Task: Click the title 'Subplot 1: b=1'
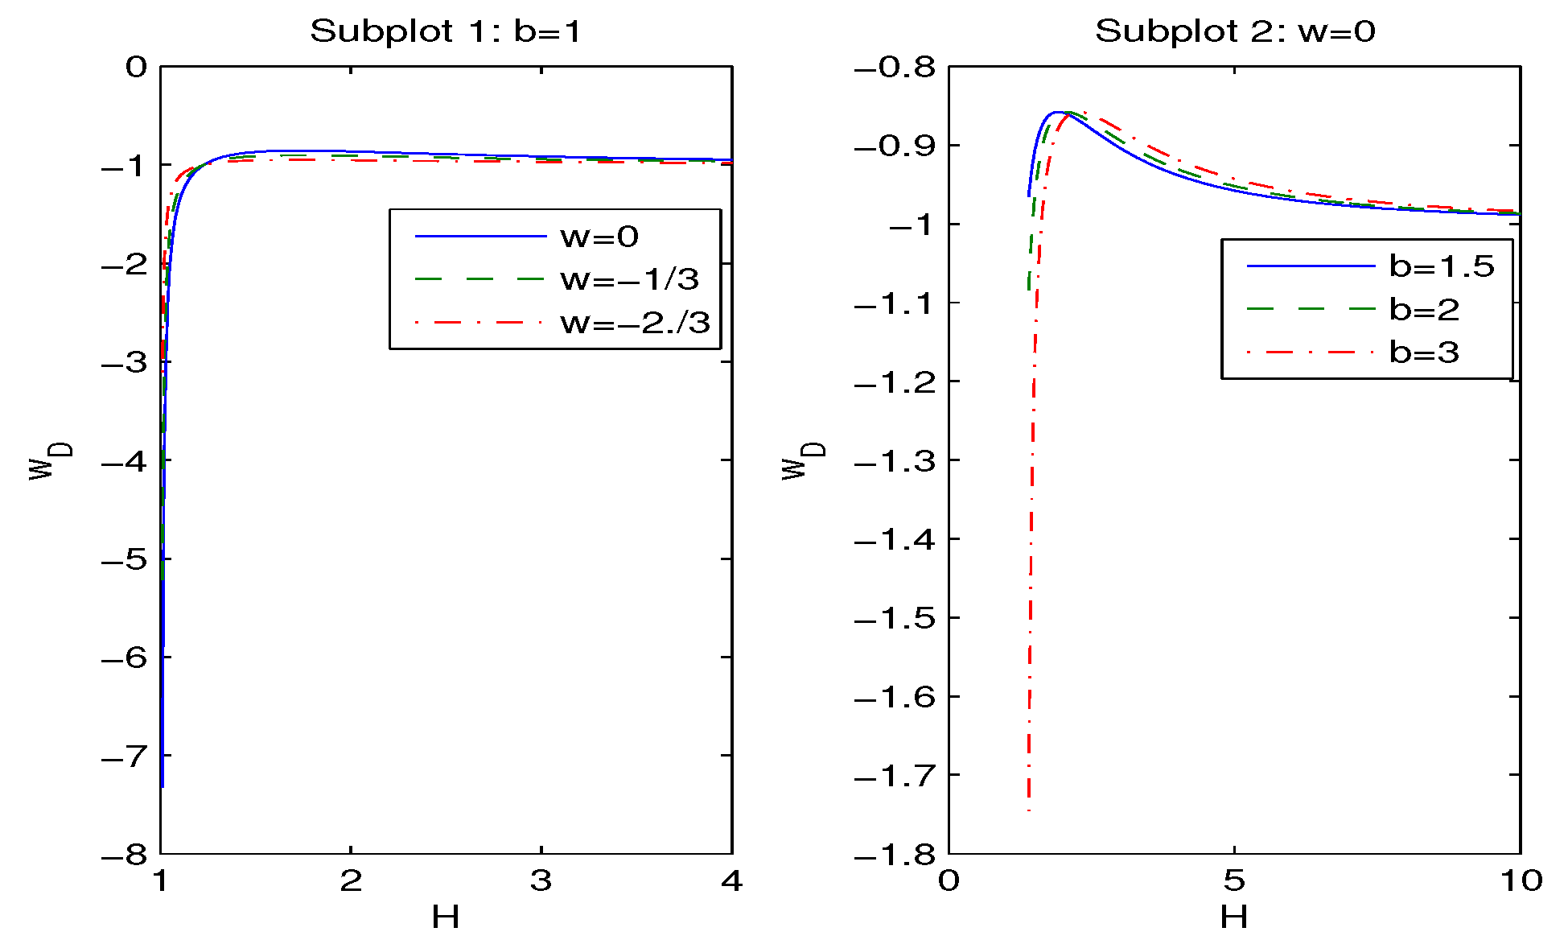pos(445,31)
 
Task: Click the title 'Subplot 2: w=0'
pos(1234,31)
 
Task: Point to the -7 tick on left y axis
pos(126,757)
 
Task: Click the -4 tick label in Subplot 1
pos(126,461)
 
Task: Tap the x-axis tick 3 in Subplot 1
pos(541,881)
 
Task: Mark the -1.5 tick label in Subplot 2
pos(895,618)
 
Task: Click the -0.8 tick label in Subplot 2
pos(895,67)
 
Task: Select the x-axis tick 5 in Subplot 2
pos(1233,881)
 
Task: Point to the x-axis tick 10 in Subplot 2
pos(1521,881)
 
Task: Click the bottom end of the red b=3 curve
pos(1029,810)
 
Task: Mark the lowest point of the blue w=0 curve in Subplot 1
pos(163,786)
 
